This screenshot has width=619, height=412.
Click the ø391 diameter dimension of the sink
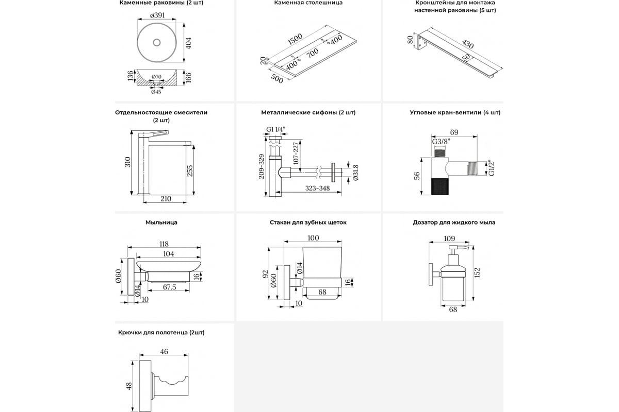click(157, 15)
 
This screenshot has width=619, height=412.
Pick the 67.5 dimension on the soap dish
click(170, 287)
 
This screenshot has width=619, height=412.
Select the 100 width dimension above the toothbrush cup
click(313, 238)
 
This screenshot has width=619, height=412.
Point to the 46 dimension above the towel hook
click(164, 352)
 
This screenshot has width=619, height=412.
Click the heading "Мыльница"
click(161, 222)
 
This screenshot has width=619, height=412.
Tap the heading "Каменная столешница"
click(308, 3)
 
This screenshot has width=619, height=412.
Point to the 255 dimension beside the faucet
click(189, 170)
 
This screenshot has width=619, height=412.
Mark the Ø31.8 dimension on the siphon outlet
click(355, 173)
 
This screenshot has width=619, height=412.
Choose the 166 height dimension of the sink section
click(188, 77)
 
